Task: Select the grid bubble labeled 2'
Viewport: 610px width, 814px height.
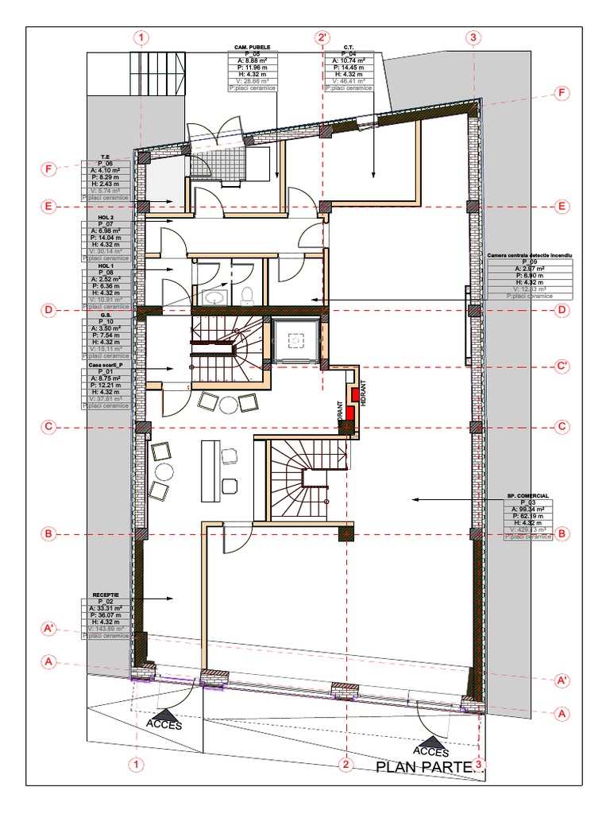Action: click(322, 37)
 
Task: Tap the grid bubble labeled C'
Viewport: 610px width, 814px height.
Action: click(562, 366)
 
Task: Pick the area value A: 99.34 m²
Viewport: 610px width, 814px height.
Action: click(529, 510)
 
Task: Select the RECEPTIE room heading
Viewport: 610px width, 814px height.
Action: click(106, 594)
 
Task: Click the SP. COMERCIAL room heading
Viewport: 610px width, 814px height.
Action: click(529, 495)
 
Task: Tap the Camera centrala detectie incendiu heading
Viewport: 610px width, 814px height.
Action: click(529, 254)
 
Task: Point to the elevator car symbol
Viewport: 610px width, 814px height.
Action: click(296, 340)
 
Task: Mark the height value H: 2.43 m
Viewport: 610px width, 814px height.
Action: click(106, 184)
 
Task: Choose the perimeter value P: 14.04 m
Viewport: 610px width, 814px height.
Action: click(106, 238)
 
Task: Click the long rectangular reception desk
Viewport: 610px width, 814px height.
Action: click(211, 470)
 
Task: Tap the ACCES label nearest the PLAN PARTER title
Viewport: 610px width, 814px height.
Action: click(430, 751)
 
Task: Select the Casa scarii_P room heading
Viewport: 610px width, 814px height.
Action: click(106, 364)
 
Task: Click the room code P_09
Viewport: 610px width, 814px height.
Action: click(529, 262)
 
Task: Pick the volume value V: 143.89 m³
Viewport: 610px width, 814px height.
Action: click(106, 629)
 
